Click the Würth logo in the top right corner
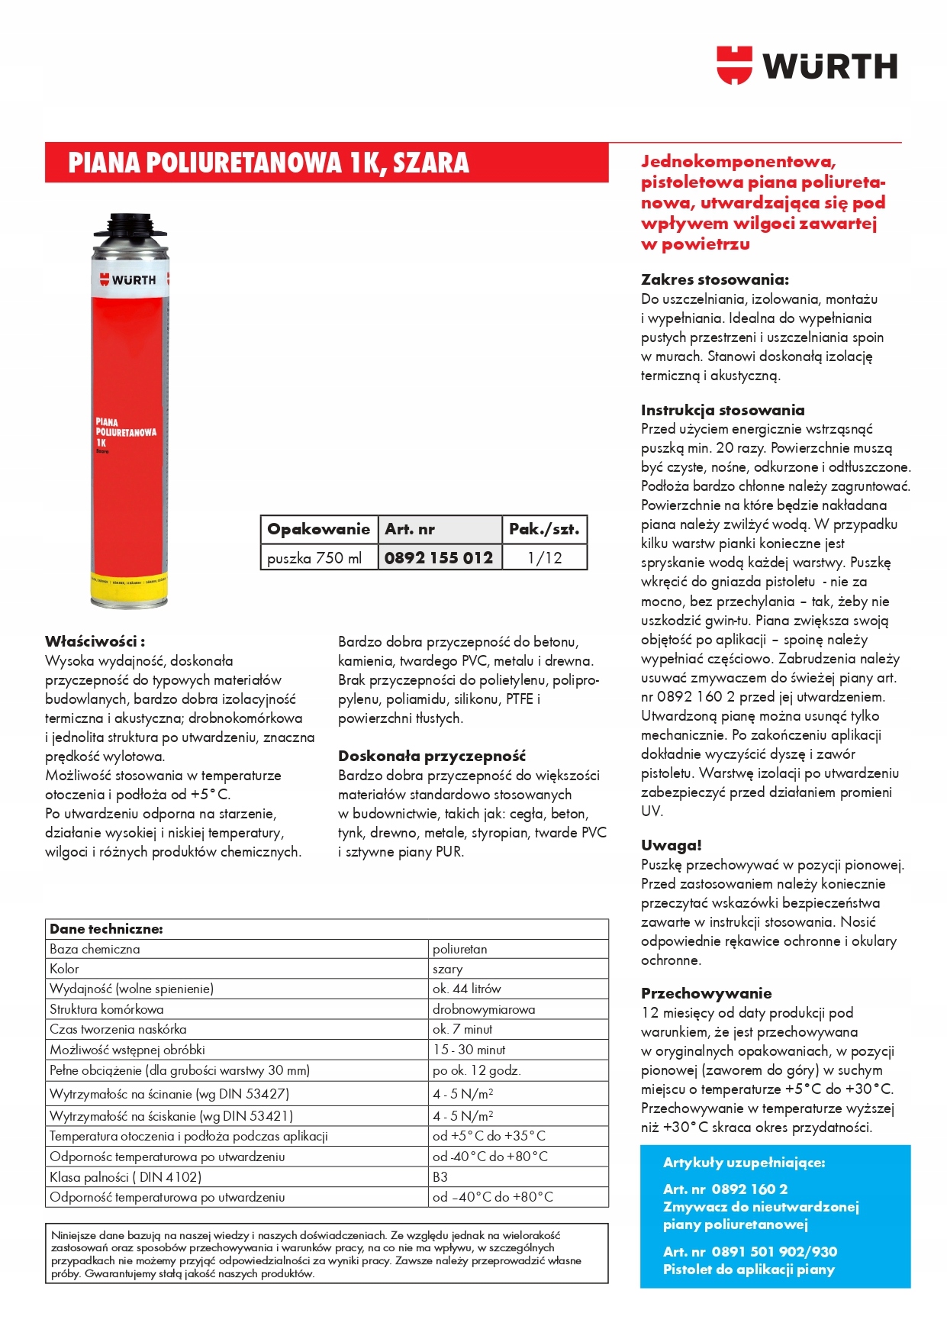(807, 66)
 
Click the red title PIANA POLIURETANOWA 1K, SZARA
(269, 163)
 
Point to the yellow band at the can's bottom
(129, 583)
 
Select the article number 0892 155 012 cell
(439, 557)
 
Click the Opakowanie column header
(318, 529)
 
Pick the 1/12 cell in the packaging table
(544, 557)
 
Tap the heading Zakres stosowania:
(714, 279)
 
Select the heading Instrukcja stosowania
(722, 410)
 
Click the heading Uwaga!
(671, 845)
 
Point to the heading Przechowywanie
(706, 993)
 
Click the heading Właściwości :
(95, 641)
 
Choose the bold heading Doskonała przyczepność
(431, 756)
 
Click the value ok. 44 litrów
(466, 989)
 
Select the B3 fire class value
(440, 1177)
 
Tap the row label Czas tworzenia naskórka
(118, 1029)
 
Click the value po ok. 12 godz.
(476, 1070)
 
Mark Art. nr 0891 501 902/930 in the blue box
(749, 1252)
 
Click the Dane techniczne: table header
(106, 929)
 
